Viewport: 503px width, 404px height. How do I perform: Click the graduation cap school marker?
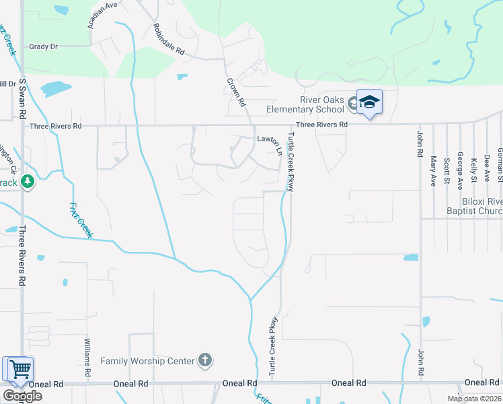[x=369, y=102]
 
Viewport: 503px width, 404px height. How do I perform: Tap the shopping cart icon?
[x=20, y=369]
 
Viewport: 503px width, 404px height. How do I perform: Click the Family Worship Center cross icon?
[x=205, y=361]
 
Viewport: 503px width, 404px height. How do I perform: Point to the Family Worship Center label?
[x=147, y=361]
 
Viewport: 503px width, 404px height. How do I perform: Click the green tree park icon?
[x=27, y=181]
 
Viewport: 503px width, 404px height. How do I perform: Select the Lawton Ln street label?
[x=268, y=139]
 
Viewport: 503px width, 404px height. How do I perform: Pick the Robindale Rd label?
[x=168, y=39]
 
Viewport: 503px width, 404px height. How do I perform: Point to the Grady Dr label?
[x=44, y=46]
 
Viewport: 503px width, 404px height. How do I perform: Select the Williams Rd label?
[x=87, y=358]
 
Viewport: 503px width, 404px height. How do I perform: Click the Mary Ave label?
[x=434, y=170]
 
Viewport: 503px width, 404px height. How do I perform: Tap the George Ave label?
[x=460, y=168]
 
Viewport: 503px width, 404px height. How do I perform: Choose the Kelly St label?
[x=473, y=170]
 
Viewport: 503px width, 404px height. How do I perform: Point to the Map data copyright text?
[x=475, y=399]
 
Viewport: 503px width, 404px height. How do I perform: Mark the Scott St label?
[x=447, y=172]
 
